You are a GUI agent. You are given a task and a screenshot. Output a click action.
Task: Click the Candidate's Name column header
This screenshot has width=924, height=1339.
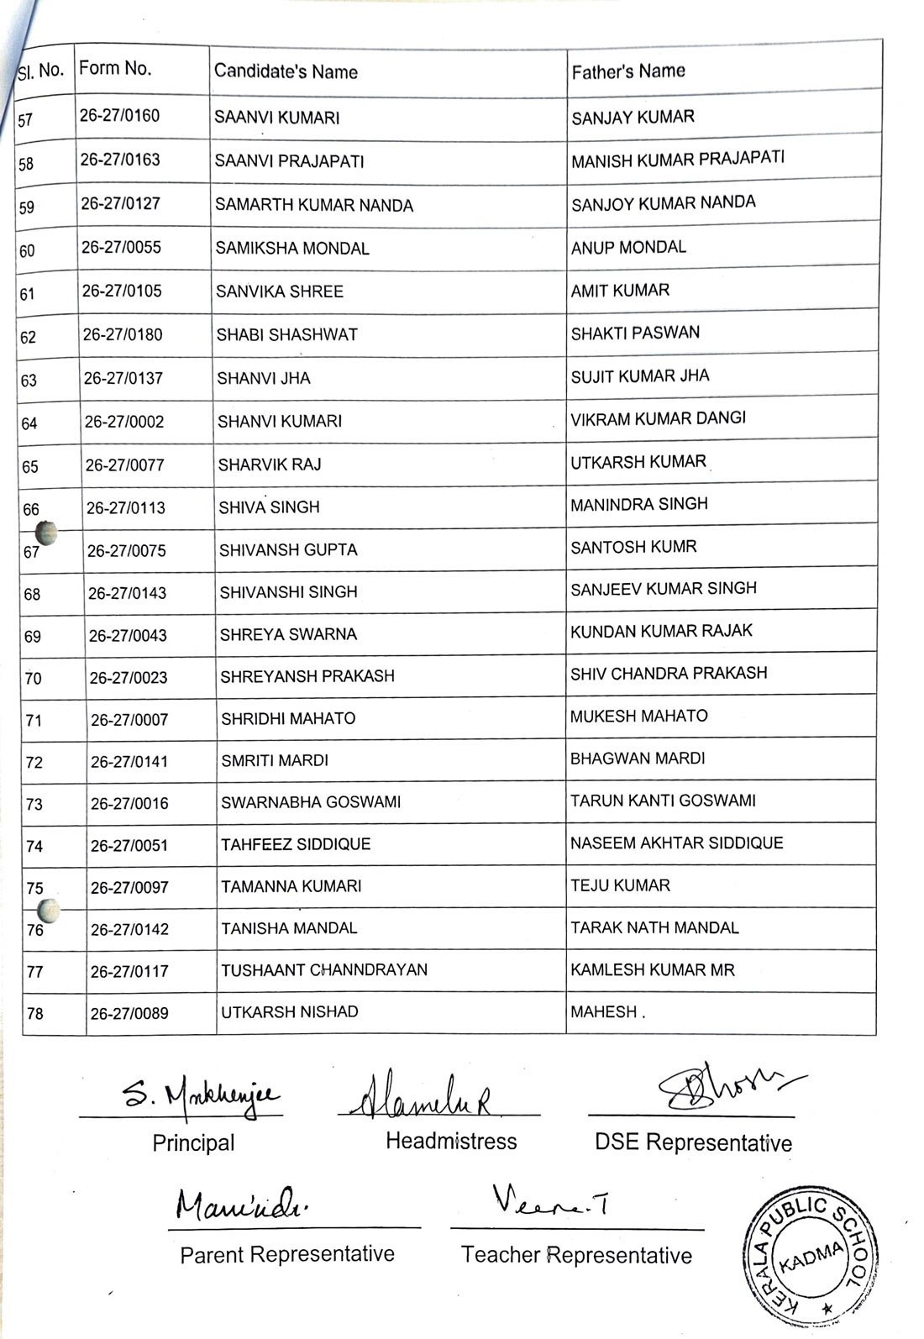[x=286, y=71]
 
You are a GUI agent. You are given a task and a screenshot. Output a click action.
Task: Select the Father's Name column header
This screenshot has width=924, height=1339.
[x=628, y=71]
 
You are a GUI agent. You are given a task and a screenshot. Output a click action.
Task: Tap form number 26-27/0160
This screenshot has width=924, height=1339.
[x=120, y=116]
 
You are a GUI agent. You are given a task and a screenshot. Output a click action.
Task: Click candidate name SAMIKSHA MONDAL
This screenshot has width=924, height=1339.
[x=292, y=249]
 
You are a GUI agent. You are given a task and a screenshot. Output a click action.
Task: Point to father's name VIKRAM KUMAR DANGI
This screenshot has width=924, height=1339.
[x=658, y=418]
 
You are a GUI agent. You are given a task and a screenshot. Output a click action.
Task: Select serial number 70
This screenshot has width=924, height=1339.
[x=33, y=678]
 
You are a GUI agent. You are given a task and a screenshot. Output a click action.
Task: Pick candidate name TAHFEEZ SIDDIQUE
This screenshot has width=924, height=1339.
[x=296, y=844]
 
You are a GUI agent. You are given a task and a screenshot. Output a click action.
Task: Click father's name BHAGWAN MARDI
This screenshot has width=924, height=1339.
[x=638, y=759]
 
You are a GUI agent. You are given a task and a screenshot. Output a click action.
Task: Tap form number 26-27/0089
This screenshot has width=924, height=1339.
[x=129, y=1013]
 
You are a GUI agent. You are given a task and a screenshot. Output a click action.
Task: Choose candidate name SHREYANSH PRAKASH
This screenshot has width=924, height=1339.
[x=307, y=676]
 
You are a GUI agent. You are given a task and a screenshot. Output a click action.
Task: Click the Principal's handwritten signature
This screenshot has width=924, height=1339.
[x=202, y=1095]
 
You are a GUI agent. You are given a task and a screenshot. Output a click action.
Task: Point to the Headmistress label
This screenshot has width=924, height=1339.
[x=451, y=1141]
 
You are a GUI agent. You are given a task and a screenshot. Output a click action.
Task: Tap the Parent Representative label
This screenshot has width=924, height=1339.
[x=287, y=1254]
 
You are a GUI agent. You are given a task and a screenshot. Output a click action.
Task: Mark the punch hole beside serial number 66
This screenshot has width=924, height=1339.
[x=46, y=532]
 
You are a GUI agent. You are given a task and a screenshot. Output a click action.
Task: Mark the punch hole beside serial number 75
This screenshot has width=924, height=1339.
[x=50, y=910]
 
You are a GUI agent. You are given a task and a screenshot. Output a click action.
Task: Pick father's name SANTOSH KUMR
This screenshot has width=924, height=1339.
[x=633, y=547]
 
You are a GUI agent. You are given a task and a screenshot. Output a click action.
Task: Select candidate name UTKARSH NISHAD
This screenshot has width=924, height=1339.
[x=290, y=1012]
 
